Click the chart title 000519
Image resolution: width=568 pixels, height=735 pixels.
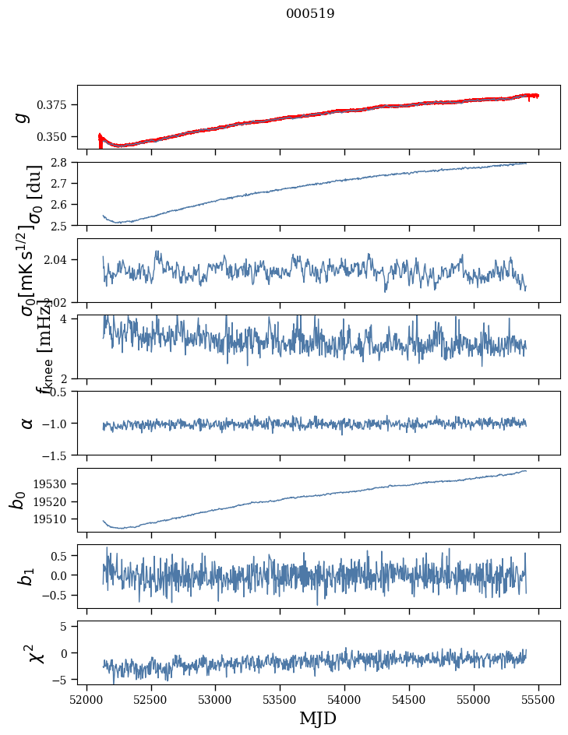pyautogui.click(x=310, y=13)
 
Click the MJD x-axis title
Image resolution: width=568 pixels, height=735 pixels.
pyautogui.click(x=318, y=718)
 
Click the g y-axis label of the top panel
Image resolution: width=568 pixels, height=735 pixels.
pyautogui.click(x=23, y=117)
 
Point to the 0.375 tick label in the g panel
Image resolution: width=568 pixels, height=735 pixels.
pyautogui.click(x=56, y=105)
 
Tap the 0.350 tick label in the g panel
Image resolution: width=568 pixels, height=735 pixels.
pyautogui.click(x=56, y=137)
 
